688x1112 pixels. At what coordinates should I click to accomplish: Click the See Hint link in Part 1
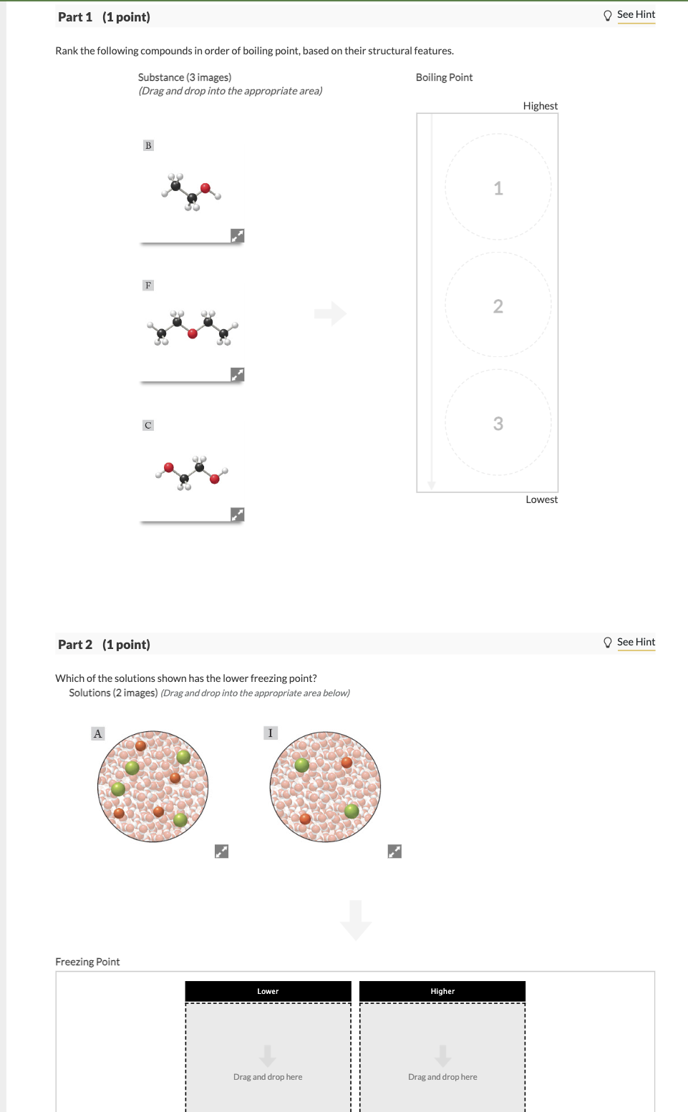636,14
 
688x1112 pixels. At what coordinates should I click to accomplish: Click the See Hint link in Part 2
636,642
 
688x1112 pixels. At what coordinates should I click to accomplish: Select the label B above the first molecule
148,145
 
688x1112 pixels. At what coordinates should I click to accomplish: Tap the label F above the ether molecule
148,286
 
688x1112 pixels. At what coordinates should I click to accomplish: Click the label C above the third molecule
148,425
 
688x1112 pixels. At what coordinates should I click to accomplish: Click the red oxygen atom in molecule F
193,333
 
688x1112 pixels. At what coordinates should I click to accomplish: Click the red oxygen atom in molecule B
205,188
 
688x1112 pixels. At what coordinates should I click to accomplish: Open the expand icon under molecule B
238,235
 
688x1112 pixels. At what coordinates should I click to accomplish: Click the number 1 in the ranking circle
498,188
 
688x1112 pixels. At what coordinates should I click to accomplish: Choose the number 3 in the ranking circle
498,424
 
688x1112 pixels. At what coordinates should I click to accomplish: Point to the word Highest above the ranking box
540,106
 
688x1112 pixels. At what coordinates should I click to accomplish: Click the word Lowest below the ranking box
541,499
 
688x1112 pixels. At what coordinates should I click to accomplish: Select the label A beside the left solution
98,733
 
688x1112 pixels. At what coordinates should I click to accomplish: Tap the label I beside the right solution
271,733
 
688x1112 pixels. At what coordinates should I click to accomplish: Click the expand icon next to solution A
222,851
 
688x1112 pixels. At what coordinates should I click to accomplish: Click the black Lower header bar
268,991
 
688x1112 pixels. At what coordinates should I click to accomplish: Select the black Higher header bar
442,991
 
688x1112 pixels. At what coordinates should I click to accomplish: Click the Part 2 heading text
104,645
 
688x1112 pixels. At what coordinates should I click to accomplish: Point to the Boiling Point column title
444,77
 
